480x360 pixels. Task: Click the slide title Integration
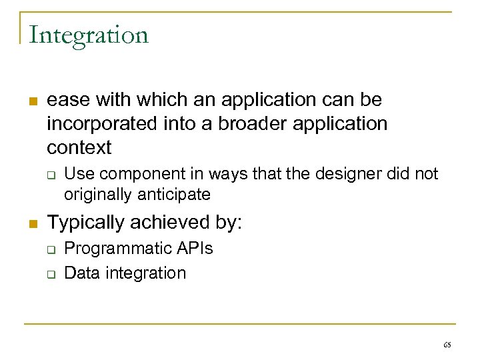89,35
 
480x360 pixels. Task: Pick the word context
79,147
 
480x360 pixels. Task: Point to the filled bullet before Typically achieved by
31,224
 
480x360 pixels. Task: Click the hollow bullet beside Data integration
50,274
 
